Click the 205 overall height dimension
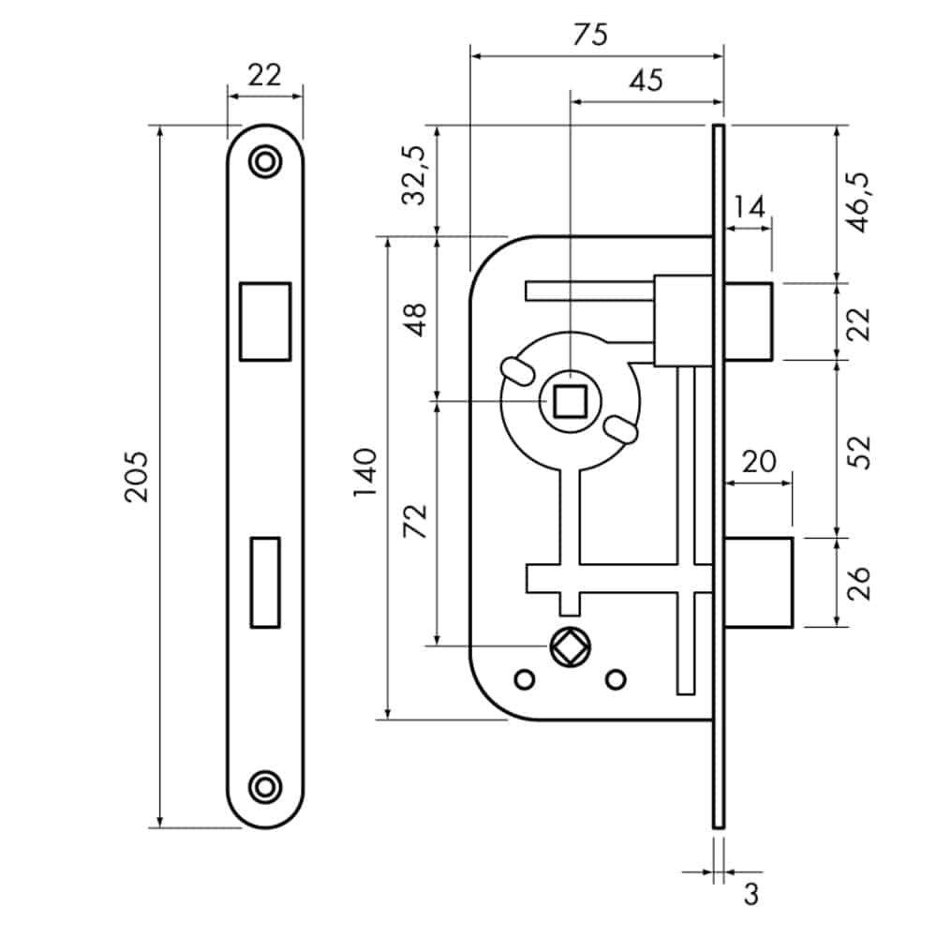point(137,476)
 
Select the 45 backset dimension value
point(647,80)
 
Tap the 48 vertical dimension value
point(415,320)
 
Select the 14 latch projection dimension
point(749,205)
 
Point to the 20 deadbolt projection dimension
point(759,460)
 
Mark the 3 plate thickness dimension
point(750,895)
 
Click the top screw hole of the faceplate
point(265,161)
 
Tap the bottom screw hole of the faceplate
point(265,785)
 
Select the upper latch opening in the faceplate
point(265,320)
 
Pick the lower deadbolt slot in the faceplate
point(265,581)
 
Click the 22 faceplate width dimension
point(265,75)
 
